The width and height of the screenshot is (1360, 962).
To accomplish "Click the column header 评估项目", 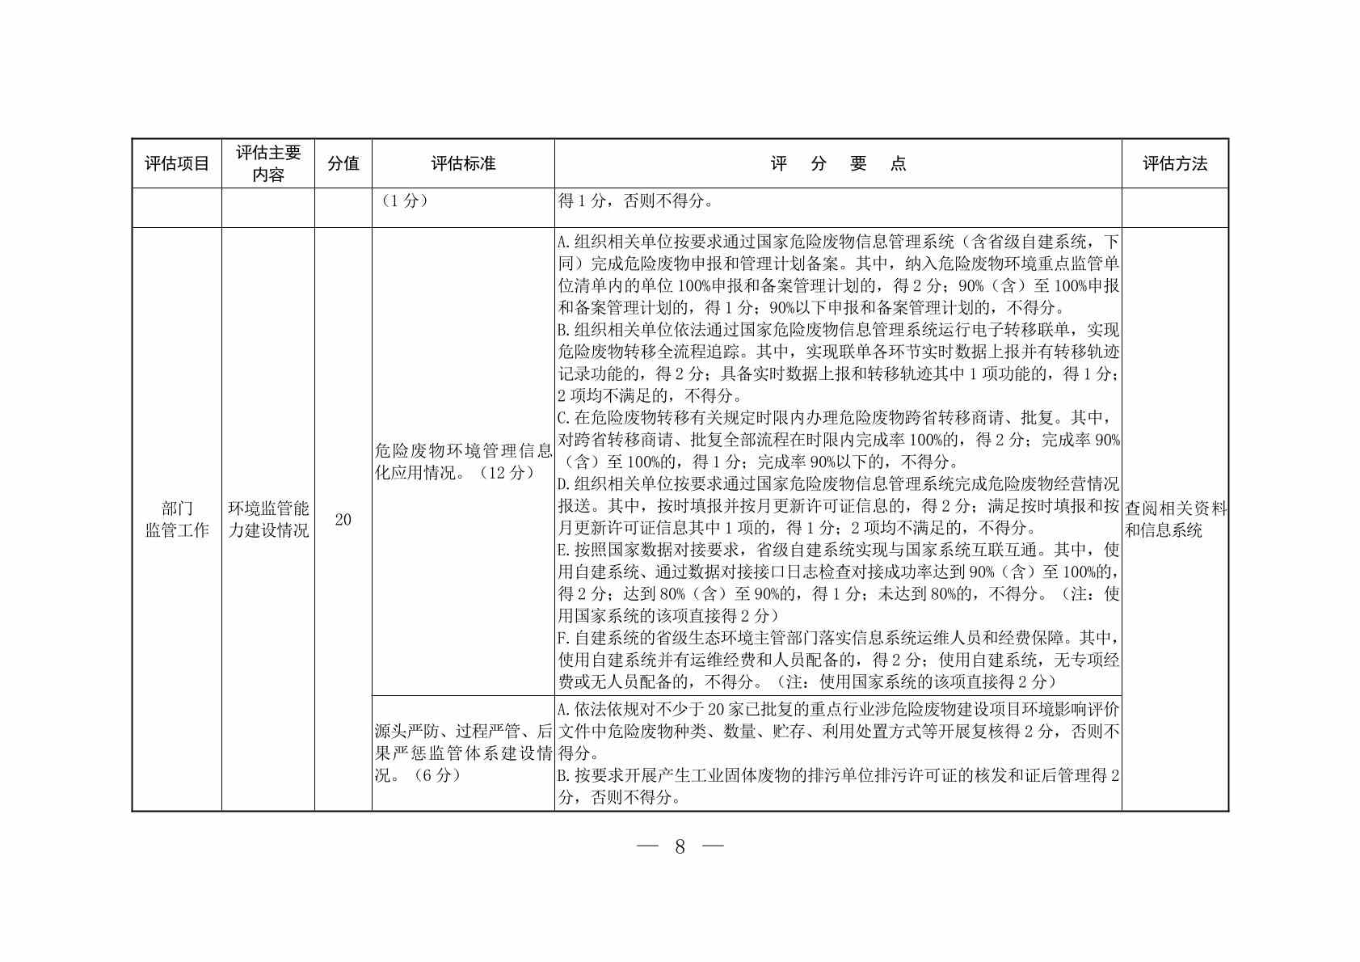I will click(x=176, y=164).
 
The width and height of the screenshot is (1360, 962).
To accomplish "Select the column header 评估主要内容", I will click(x=268, y=164).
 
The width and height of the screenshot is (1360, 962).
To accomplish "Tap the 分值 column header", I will click(x=343, y=164).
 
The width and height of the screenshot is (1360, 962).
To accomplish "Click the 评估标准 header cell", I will click(x=462, y=164).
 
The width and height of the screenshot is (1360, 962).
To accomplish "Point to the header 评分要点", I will click(x=837, y=164).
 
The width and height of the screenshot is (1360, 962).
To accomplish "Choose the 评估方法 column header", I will click(x=1174, y=164).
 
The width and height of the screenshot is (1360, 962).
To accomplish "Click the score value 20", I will click(x=343, y=520).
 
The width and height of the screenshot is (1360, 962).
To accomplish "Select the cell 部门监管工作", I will click(x=176, y=520).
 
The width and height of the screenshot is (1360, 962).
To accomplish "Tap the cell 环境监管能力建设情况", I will click(x=268, y=520).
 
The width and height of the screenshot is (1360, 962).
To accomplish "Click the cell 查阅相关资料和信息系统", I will click(x=1175, y=520).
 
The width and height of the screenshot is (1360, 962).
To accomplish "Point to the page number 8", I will click(x=680, y=846).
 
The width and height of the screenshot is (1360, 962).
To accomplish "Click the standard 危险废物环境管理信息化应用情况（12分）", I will click(x=462, y=462).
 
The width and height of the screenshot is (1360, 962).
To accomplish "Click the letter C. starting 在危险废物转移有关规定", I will click(x=564, y=419).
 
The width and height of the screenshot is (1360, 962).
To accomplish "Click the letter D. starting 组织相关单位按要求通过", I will click(x=564, y=485).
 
